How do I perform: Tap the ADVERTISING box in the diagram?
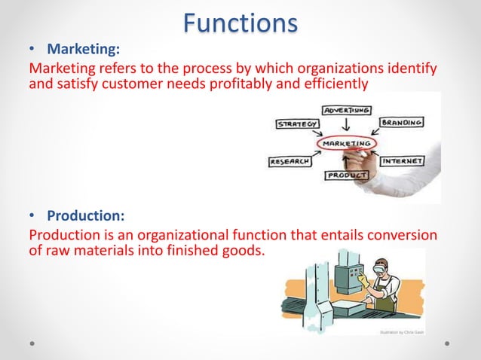click(x=346, y=110)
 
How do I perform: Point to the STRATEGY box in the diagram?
click(x=296, y=124)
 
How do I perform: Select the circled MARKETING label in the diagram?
click(x=346, y=143)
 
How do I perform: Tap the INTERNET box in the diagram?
click(x=402, y=161)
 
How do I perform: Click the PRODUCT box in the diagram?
click(x=347, y=175)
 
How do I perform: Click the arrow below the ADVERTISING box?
click(x=345, y=125)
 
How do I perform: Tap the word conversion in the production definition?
click(x=398, y=236)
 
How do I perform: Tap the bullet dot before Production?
click(x=32, y=218)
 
